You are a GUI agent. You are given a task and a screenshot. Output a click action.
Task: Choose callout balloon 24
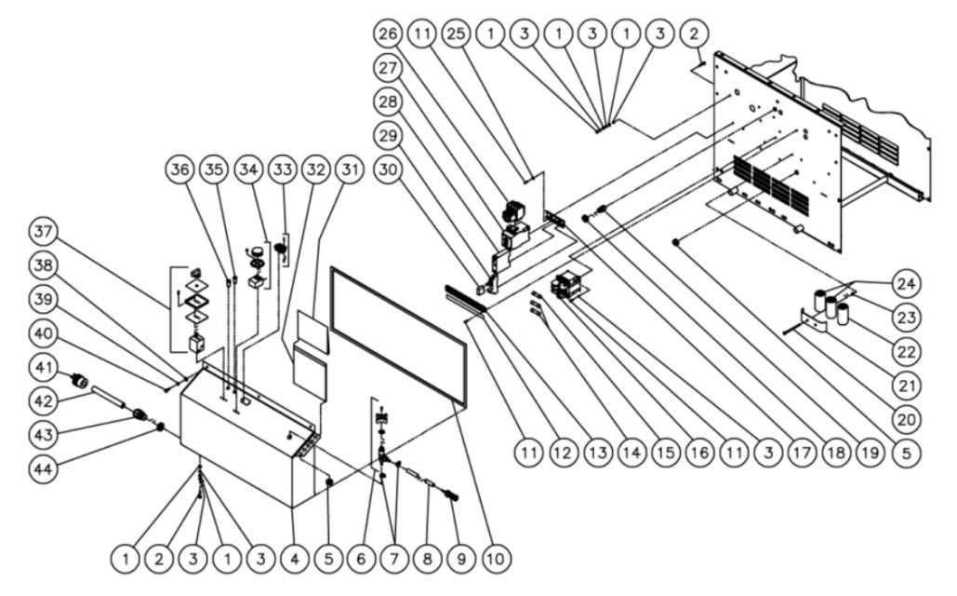(904, 281)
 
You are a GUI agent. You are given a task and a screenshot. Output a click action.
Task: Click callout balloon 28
(387, 102)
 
